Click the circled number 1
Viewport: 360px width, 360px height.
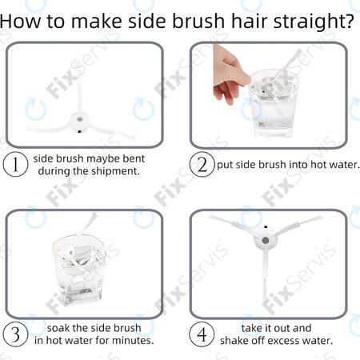(15, 164)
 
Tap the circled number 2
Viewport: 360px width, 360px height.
(202, 164)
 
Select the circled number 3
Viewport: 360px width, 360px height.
(15, 334)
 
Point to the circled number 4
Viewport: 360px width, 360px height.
(202, 334)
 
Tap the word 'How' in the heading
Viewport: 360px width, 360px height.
(21, 21)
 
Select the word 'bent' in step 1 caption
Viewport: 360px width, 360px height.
(134, 158)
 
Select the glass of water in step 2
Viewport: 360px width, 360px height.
(273, 104)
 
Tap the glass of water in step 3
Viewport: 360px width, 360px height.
(79, 270)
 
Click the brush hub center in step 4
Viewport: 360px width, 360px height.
(265, 241)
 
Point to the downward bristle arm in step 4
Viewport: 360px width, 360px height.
(265, 278)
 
